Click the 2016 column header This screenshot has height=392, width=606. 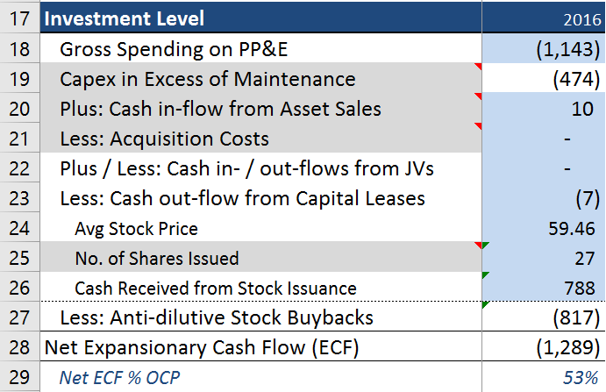582,19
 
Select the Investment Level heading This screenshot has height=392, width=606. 124,18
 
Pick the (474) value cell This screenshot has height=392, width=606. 576,79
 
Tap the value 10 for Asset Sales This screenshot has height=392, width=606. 582,109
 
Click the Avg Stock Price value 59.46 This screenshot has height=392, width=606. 572,229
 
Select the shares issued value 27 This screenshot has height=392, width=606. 584,258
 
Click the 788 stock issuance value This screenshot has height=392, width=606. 580,288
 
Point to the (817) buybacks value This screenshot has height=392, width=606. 576,317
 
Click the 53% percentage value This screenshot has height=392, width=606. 581,378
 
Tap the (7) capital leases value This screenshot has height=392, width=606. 588,199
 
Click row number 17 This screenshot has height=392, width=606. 19,19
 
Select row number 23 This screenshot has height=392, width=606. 19,199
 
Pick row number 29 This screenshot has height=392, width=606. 19,378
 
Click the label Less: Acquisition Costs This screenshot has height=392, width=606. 164,139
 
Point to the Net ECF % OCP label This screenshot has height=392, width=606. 119,378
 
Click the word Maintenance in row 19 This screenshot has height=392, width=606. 295,79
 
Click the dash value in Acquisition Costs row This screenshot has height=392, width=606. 567,139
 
